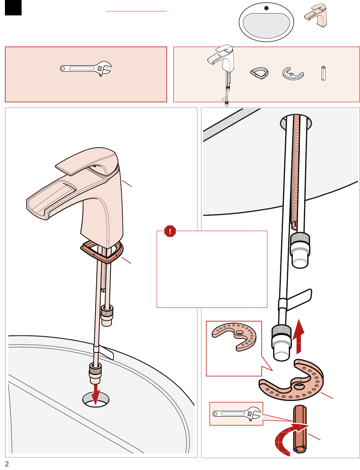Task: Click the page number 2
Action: pyautogui.click(x=7, y=464)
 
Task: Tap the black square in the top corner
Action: pyautogui.click(x=13, y=8)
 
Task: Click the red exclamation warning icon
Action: pyautogui.click(x=170, y=231)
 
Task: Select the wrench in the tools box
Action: pyautogui.click(x=86, y=68)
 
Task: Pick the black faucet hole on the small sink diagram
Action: pyautogui.click(x=266, y=8)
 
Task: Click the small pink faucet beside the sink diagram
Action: pyautogui.click(x=316, y=15)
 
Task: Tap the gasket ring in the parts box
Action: pyautogui.click(x=259, y=73)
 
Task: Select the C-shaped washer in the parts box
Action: pyautogui.click(x=293, y=74)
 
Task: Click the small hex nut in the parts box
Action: pyautogui.click(x=323, y=73)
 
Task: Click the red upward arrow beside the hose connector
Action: pyautogui.click(x=299, y=337)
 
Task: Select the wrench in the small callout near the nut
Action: pyautogui.click(x=236, y=414)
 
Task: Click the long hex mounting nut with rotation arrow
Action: pyautogui.click(x=300, y=429)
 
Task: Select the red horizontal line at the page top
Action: pyautogui.click(x=137, y=11)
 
